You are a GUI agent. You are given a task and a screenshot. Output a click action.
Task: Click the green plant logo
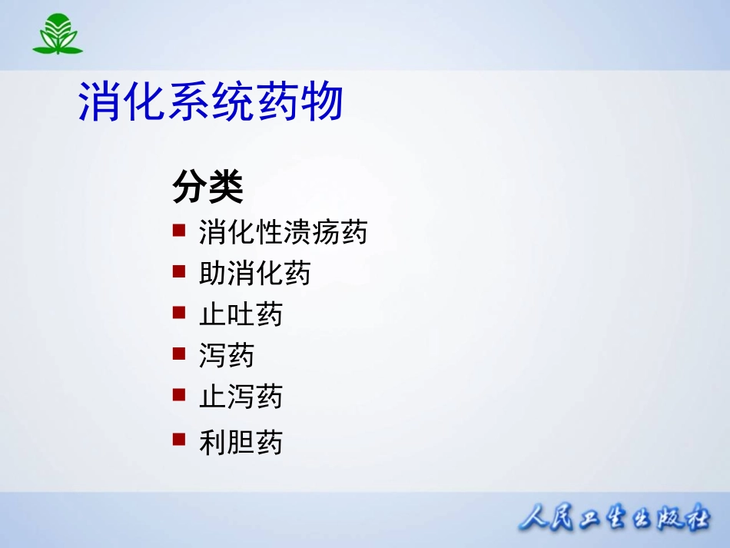pos(58,34)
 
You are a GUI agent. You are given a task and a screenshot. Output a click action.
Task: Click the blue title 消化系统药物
pos(211,101)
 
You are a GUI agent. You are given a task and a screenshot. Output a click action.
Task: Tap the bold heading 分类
pos(207,186)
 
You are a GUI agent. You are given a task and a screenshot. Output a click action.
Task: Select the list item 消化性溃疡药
pos(283,232)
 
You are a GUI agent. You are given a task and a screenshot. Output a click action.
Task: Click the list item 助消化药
pos(254,273)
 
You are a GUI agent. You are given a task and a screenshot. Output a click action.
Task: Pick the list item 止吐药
pos(241,314)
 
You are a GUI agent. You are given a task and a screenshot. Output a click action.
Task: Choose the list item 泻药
pos(226,355)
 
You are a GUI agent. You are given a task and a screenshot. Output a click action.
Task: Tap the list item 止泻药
pos(241,397)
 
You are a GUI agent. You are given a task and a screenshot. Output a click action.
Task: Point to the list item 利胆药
pos(241,442)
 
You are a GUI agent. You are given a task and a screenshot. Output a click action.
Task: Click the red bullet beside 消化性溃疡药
pos(179,231)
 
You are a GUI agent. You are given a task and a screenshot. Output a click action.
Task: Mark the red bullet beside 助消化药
pos(179,271)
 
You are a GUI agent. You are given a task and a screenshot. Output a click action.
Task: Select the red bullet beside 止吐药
pos(179,312)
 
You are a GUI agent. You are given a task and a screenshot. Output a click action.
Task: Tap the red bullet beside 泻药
pos(179,354)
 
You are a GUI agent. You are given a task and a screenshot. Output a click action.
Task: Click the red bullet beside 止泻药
pos(179,395)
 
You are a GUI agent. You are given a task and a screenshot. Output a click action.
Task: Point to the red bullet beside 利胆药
pos(179,440)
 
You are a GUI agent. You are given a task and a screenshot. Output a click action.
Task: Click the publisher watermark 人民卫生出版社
pos(614,517)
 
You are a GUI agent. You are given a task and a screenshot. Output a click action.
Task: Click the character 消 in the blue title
pos(100,101)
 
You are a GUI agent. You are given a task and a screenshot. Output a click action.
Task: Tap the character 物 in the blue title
pos(322,101)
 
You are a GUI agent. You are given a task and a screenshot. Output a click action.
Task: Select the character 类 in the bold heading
pos(226,186)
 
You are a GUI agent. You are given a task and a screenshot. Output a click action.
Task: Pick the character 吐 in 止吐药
pos(241,314)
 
